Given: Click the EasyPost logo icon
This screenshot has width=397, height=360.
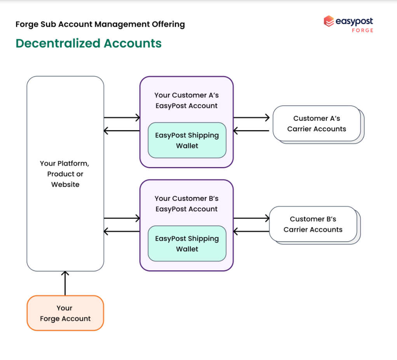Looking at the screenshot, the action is [x=329, y=21].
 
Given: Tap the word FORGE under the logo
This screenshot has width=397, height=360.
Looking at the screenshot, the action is [x=362, y=30].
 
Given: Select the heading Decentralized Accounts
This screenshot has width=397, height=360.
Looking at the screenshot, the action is [x=89, y=43].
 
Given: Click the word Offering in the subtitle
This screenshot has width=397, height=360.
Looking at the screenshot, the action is [x=168, y=24].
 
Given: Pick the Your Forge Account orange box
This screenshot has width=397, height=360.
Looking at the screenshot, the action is [x=65, y=313].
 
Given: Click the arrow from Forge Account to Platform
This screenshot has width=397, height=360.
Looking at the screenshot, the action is [x=65, y=283].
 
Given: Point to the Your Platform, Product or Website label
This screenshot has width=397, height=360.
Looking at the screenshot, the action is [x=65, y=174].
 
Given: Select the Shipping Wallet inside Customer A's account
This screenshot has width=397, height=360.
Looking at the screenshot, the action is [x=187, y=140].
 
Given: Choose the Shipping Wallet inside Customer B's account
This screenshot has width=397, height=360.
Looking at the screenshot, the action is [x=187, y=243].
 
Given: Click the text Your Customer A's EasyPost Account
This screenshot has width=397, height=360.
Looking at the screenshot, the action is [x=186, y=101].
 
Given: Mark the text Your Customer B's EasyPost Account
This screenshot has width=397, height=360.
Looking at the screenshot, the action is [x=186, y=204].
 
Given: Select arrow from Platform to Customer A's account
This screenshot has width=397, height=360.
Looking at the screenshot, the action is [x=122, y=117].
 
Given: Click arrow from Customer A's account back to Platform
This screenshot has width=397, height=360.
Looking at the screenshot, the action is [x=122, y=130].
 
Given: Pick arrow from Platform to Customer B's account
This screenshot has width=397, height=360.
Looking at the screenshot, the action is [x=122, y=218].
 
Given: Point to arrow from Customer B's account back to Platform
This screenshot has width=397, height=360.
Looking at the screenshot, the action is [x=122, y=231].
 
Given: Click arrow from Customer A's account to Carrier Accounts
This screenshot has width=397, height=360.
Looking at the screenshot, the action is [x=251, y=117].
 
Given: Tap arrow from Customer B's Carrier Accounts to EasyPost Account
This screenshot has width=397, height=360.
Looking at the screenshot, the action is [x=251, y=231].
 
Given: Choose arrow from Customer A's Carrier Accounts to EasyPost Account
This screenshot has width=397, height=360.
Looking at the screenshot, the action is [x=251, y=130].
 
